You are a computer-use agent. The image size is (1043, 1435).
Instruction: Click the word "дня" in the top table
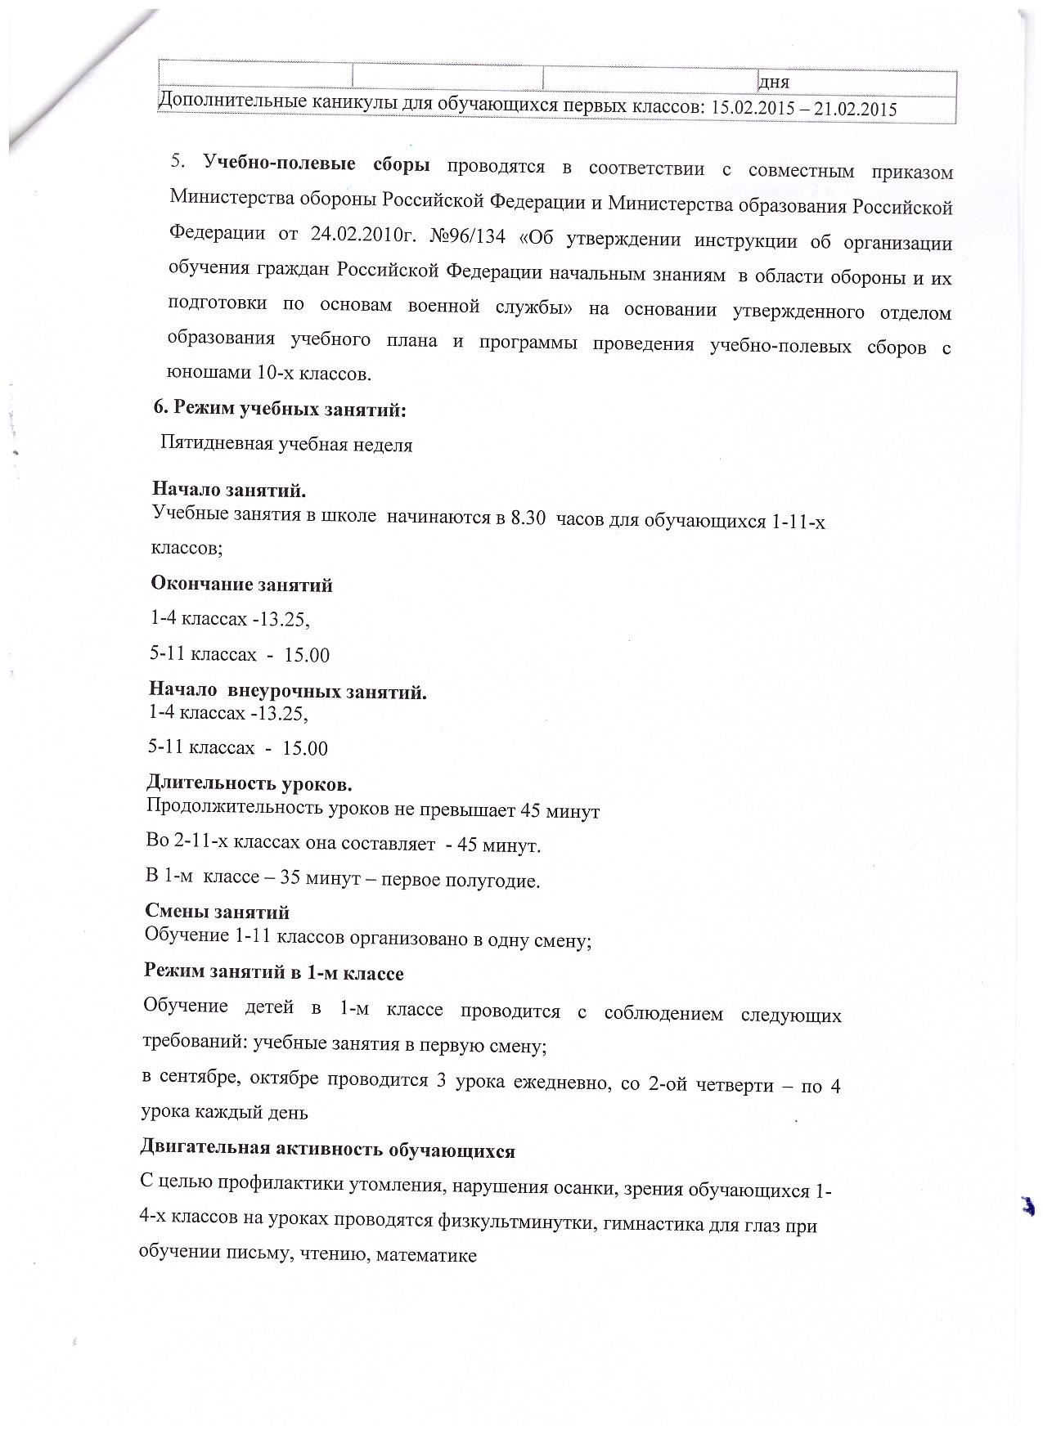coord(774,82)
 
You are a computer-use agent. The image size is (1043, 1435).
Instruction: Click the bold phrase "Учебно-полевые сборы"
coord(317,164)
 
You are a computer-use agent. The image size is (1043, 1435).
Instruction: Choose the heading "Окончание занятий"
coord(241,585)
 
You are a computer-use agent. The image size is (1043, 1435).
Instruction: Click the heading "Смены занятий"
coord(217,911)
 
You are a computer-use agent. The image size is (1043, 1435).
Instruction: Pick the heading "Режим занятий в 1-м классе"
coord(273,973)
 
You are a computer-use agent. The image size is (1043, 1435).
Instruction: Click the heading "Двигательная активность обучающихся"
coord(328,1150)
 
